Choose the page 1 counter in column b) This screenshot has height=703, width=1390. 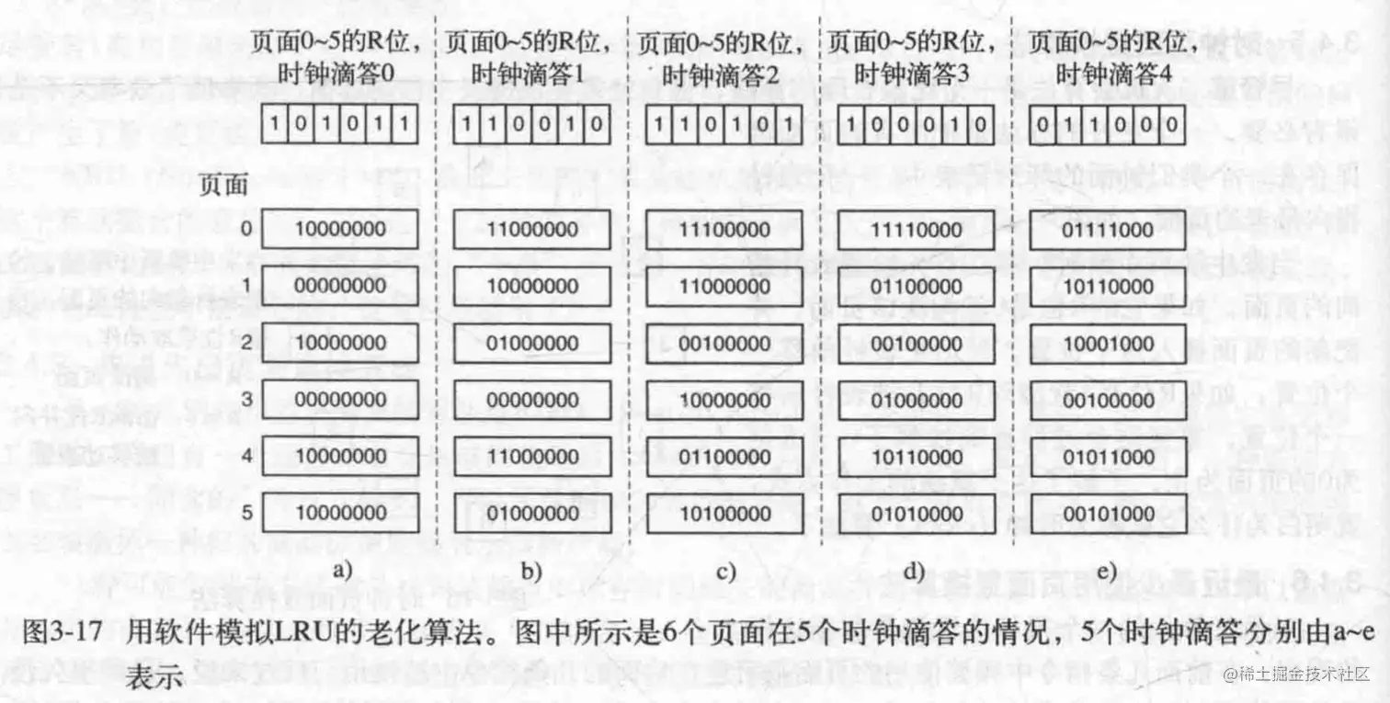point(532,286)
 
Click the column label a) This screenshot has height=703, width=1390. point(342,572)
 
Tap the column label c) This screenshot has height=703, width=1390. point(725,572)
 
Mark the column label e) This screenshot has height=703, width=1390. point(1105,572)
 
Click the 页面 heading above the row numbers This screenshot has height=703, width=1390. point(224,185)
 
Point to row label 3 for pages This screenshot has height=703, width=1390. point(246,400)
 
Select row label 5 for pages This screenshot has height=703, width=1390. point(246,513)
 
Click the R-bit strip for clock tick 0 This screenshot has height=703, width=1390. point(341,123)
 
